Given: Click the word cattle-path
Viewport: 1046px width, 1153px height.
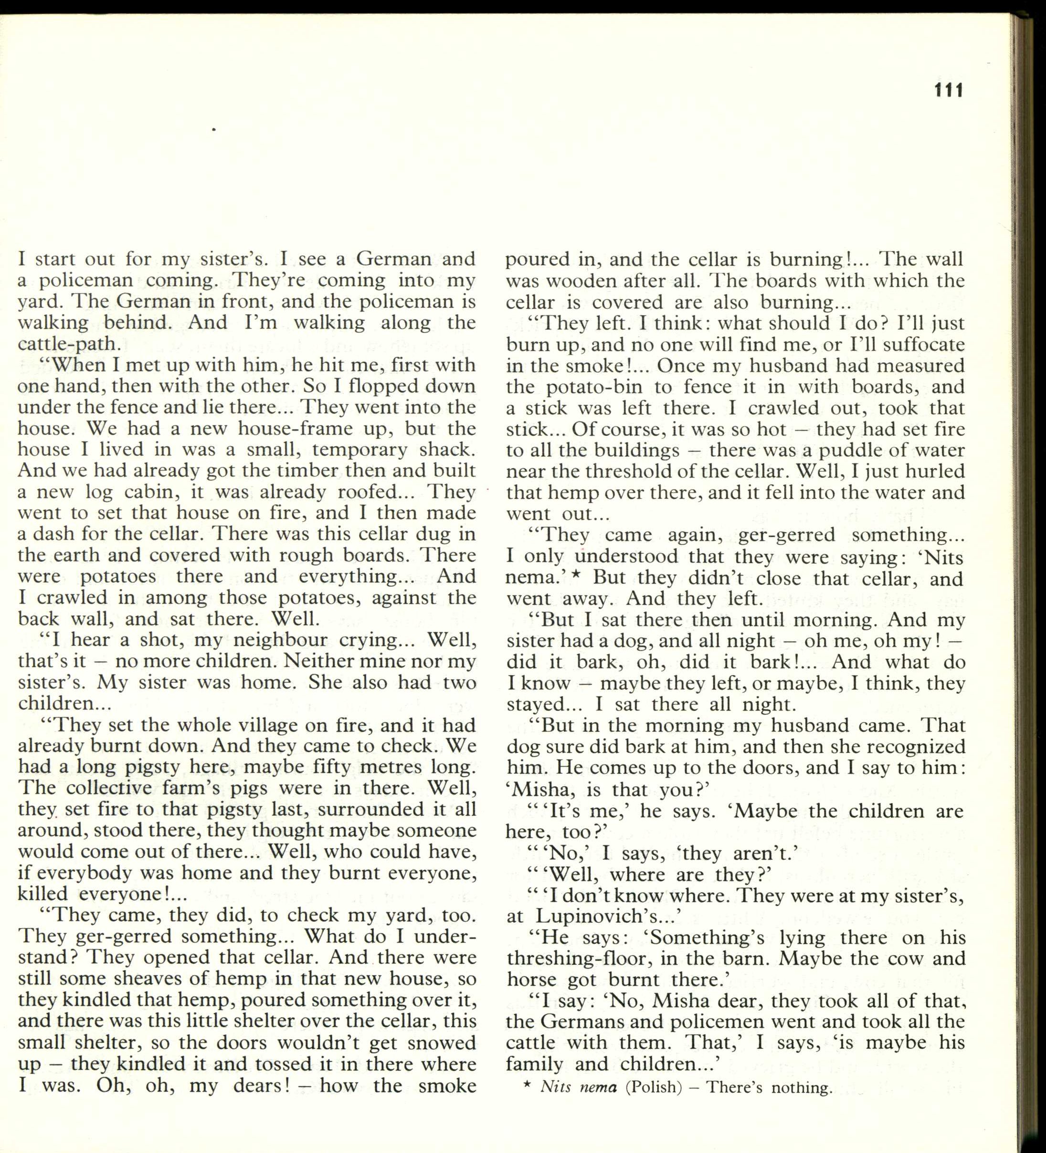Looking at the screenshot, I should click(x=69, y=344).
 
